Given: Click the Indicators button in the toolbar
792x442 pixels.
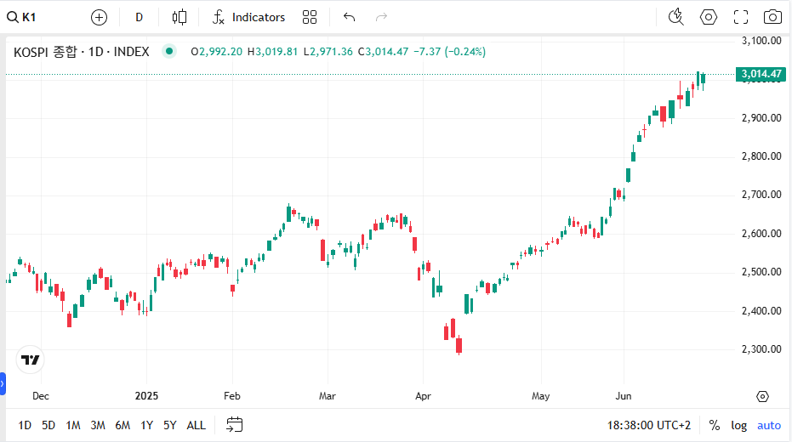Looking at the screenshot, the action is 248,17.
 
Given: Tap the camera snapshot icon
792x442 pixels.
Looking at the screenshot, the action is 772,17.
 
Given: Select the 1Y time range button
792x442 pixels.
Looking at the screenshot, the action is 146,425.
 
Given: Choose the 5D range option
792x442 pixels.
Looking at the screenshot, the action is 48,425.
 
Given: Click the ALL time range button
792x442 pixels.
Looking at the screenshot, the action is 196,425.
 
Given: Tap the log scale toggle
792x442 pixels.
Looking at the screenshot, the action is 738,425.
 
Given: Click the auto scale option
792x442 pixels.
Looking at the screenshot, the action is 769,425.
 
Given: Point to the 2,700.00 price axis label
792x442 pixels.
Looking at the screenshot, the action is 761,195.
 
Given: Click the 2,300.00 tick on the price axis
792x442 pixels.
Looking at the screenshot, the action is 761,348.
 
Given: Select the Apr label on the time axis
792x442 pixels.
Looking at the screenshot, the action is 423,396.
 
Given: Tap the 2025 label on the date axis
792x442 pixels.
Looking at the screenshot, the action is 146,396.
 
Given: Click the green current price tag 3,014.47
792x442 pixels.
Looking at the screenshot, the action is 761,74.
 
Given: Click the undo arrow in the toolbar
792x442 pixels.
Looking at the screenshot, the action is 349,17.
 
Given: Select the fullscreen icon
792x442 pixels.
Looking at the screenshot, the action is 740,17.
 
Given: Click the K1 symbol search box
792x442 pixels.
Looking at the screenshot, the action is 22,17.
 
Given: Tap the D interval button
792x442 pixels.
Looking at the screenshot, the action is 139,17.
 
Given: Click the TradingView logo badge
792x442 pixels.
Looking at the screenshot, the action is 31,360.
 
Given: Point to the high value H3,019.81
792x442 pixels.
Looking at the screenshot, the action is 272,52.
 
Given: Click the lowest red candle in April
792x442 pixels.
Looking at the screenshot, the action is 459,346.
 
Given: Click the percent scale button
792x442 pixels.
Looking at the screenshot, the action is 715,425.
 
